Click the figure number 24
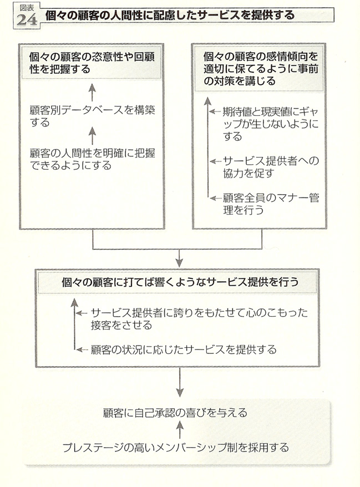[27, 21]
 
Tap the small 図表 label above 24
[27, 8]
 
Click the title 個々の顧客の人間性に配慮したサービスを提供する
[170, 15]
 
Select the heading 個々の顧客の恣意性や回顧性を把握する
[92, 63]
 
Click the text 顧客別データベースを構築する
[92, 116]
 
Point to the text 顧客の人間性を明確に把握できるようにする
[92, 159]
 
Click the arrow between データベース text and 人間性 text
[92, 136]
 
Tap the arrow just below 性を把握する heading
[92, 93]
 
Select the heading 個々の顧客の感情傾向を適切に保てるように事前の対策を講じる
[261, 69]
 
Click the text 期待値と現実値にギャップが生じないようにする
[271, 124]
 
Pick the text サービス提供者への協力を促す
[271, 167]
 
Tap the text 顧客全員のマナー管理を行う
[271, 204]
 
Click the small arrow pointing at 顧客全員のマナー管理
[215, 198]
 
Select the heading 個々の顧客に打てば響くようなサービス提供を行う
[180, 282]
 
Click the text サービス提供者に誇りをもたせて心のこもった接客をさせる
[199, 319]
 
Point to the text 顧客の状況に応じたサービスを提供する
[184, 349]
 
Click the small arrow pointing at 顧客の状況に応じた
[82, 350]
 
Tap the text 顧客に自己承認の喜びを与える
[175, 413]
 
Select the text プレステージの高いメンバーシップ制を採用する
[176, 448]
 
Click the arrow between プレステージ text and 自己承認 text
[180, 430]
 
